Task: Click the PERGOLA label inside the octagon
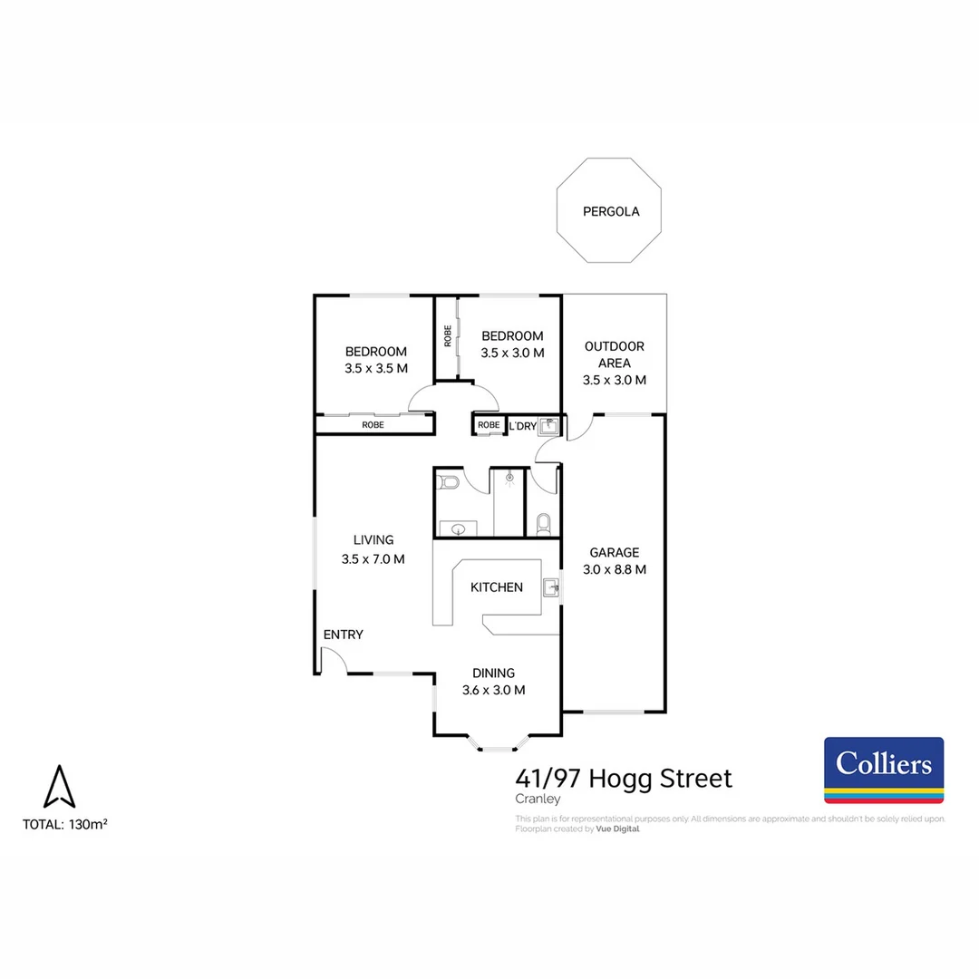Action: tap(610, 211)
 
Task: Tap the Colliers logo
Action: tap(883, 770)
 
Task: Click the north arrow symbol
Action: tap(60, 786)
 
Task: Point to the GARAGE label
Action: tap(614, 552)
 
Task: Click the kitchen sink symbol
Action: tap(550, 587)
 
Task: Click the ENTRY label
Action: tap(343, 635)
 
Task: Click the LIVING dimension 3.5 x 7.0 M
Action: tap(373, 559)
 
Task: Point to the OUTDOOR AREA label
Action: tap(614, 354)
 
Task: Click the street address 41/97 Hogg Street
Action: tap(623, 778)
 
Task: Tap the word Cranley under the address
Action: tap(538, 800)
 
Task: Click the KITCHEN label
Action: tap(496, 587)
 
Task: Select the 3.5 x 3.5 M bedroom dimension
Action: tap(375, 368)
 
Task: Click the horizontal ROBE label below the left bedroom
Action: tap(373, 424)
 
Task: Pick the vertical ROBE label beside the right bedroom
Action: tap(447, 336)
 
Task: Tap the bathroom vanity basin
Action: tap(457, 528)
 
